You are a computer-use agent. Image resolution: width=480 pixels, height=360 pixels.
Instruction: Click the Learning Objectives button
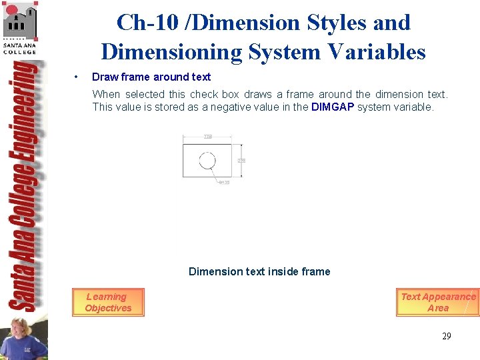(108, 303)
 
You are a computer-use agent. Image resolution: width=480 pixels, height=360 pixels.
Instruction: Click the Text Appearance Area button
(437, 303)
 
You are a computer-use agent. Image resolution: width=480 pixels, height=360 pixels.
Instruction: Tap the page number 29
(446, 336)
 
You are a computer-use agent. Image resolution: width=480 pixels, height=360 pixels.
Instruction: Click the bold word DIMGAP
(333, 107)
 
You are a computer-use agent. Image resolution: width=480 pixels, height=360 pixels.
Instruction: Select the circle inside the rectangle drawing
(207, 161)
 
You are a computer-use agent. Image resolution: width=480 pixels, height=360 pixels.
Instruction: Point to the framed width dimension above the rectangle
(208, 137)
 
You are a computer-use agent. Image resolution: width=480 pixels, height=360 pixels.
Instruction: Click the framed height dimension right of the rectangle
(241, 161)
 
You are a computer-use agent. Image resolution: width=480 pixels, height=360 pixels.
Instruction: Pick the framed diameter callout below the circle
(224, 183)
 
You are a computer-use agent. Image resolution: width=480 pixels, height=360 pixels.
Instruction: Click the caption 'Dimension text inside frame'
(259, 271)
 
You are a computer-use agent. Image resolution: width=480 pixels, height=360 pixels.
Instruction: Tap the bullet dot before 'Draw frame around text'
(78, 77)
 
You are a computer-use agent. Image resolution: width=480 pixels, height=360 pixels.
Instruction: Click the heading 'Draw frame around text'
(151, 77)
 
